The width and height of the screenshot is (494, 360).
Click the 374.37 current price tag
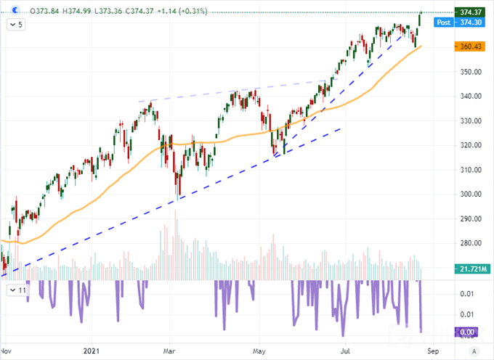tap(469, 12)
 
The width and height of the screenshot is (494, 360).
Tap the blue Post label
tap(443, 22)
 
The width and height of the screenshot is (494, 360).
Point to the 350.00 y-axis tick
tap(467, 72)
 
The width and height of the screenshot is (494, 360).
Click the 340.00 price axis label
tap(467, 97)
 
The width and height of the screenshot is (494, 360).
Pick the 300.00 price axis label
tap(467, 195)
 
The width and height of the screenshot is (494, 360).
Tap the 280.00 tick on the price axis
tap(467, 243)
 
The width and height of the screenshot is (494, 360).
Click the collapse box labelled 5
tap(16, 25)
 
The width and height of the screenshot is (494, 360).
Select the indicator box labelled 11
tap(17, 290)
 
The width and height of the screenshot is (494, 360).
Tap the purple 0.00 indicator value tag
tap(468, 332)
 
